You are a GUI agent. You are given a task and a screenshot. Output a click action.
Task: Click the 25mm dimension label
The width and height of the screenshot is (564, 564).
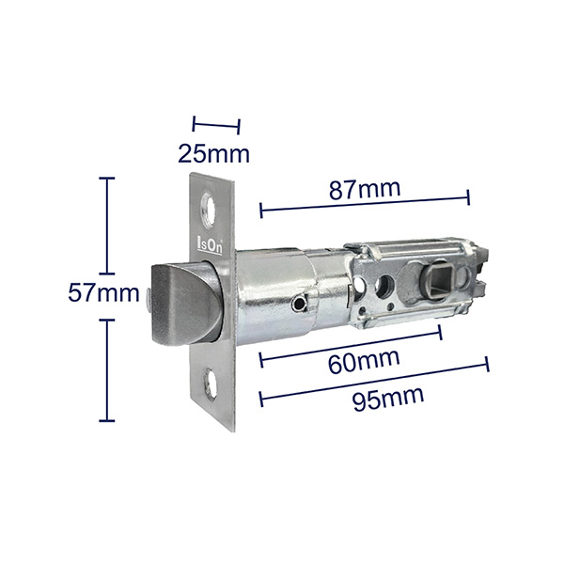(x=213, y=154)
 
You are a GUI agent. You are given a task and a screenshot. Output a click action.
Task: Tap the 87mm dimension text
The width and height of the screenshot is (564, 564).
(x=365, y=190)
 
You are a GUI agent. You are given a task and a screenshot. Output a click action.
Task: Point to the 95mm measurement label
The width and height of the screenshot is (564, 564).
(x=387, y=399)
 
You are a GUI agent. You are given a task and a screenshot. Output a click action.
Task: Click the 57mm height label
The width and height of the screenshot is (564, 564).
(x=103, y=292)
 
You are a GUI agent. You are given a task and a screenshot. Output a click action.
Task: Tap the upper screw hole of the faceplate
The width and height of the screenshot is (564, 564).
(x=208, y=211)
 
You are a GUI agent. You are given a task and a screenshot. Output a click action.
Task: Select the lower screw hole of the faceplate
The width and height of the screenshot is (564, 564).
(x=210, y=384)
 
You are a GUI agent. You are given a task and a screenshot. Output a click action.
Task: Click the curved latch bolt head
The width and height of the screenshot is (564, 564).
(x=183, y=305)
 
